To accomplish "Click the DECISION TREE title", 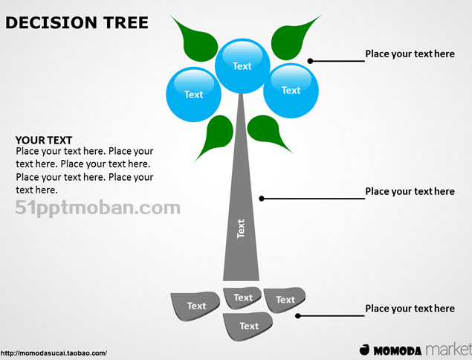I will (x=77, y=22).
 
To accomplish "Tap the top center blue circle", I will (x=242, y=65).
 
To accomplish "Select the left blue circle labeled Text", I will (x=193, y=94).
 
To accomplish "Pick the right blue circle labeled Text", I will (x=291, y=90).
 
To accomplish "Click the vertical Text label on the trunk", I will (x=241, y=228).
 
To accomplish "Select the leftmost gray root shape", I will (x=196, y=306).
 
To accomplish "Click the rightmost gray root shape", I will (x=285, y=299).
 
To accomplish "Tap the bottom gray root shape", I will (x=248, y=326).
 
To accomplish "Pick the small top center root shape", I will (x=242, y=298).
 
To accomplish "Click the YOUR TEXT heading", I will (x=44, y=140).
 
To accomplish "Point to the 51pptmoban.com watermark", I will (x=97, y=206).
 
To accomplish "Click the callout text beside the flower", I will (x=410, y=54).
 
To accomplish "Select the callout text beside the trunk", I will (x=410, y=191).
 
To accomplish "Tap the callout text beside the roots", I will (x=410, y=309).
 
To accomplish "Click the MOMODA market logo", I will (x=415, y=349).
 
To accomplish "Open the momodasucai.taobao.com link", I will (x=54, y=353).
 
